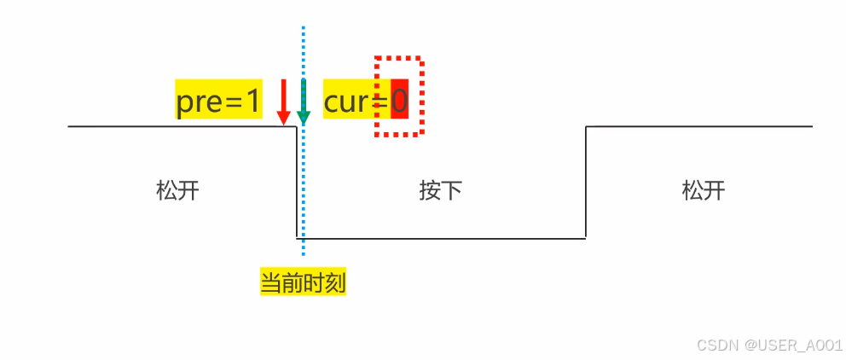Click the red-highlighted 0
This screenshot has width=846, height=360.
400,102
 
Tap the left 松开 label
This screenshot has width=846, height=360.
177,189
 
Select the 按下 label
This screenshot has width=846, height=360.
440,189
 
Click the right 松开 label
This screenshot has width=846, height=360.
704,189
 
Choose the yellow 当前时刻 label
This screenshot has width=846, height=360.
303,282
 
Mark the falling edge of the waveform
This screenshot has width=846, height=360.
297,183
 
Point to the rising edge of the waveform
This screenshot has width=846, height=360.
586,183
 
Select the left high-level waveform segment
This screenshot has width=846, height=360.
179,126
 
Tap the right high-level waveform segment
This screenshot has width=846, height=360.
699,126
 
